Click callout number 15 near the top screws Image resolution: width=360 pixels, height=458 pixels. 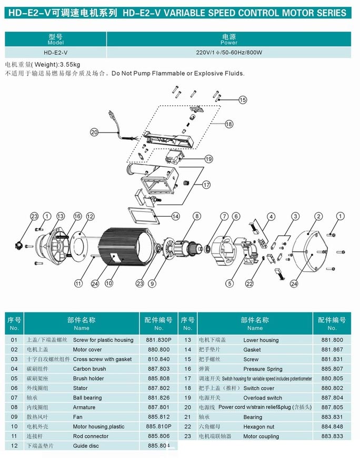pyautogui.click(x=243, y=99)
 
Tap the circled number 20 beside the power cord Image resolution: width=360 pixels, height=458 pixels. pyautogui.click(x=94, y=133)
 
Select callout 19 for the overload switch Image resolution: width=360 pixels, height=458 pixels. pyautogui.click(x=208, y=159)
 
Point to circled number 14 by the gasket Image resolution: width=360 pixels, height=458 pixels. pyautogui.click(x=175, y=216)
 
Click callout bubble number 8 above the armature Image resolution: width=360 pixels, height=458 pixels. pyautogui.click(x=196, y=216)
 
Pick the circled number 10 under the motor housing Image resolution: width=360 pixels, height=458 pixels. pyautogui.click(x=109, y=283)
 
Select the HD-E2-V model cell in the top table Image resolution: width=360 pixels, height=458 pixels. pyautogui.click(x=55, y=53)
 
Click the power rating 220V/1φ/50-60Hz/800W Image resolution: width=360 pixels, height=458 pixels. pyautogui.click(x=229, y=53)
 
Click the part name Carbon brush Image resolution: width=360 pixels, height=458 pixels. pyautogui.click(x=89, y=369)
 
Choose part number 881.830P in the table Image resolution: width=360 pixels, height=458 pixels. pyautogui.click(x=159, y=340)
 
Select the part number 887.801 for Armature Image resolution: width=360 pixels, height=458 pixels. pyautogui.click(x=159, y=407)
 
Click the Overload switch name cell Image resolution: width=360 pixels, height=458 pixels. pyautogui.click(x=263, y=398)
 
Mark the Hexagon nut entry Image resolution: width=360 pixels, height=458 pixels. pyautogui.click(x=258, y=427)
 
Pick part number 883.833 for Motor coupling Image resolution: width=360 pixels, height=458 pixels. pyautogui.click(x=332, y=436)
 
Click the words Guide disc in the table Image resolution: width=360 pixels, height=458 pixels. pyautogui.click(x=86, y=446)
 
